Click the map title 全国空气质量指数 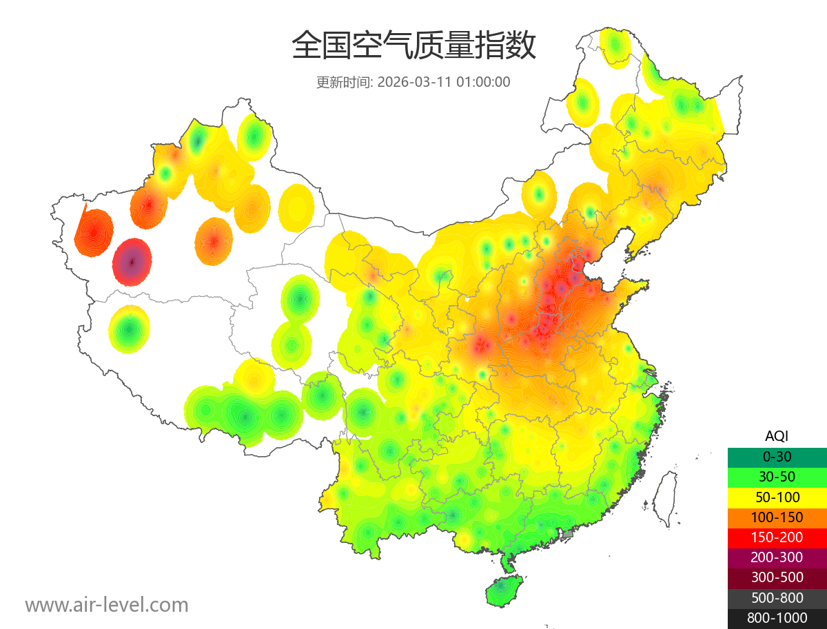[x=413, y=46]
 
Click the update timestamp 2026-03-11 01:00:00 [x=444, y=82]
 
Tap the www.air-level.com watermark [x=107, y=605]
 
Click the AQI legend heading [x=777, y=436]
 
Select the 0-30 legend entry [x=777, y=457]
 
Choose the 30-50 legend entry [x=777, y=477]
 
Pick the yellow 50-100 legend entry [x=777, y=497]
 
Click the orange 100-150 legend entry [x=777, y=517]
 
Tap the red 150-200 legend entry [x=777, y=537]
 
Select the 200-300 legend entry [x=777, y=557]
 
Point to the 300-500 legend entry [x=777, y=577]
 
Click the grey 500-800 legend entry [x=777, y=598]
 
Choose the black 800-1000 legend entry [x=777, y=618]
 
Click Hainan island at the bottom [x=504, y=592]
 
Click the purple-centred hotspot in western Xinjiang [x=132, y=262]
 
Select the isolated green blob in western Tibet [x=129, y=330]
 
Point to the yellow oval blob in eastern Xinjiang [x=297, y=207]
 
